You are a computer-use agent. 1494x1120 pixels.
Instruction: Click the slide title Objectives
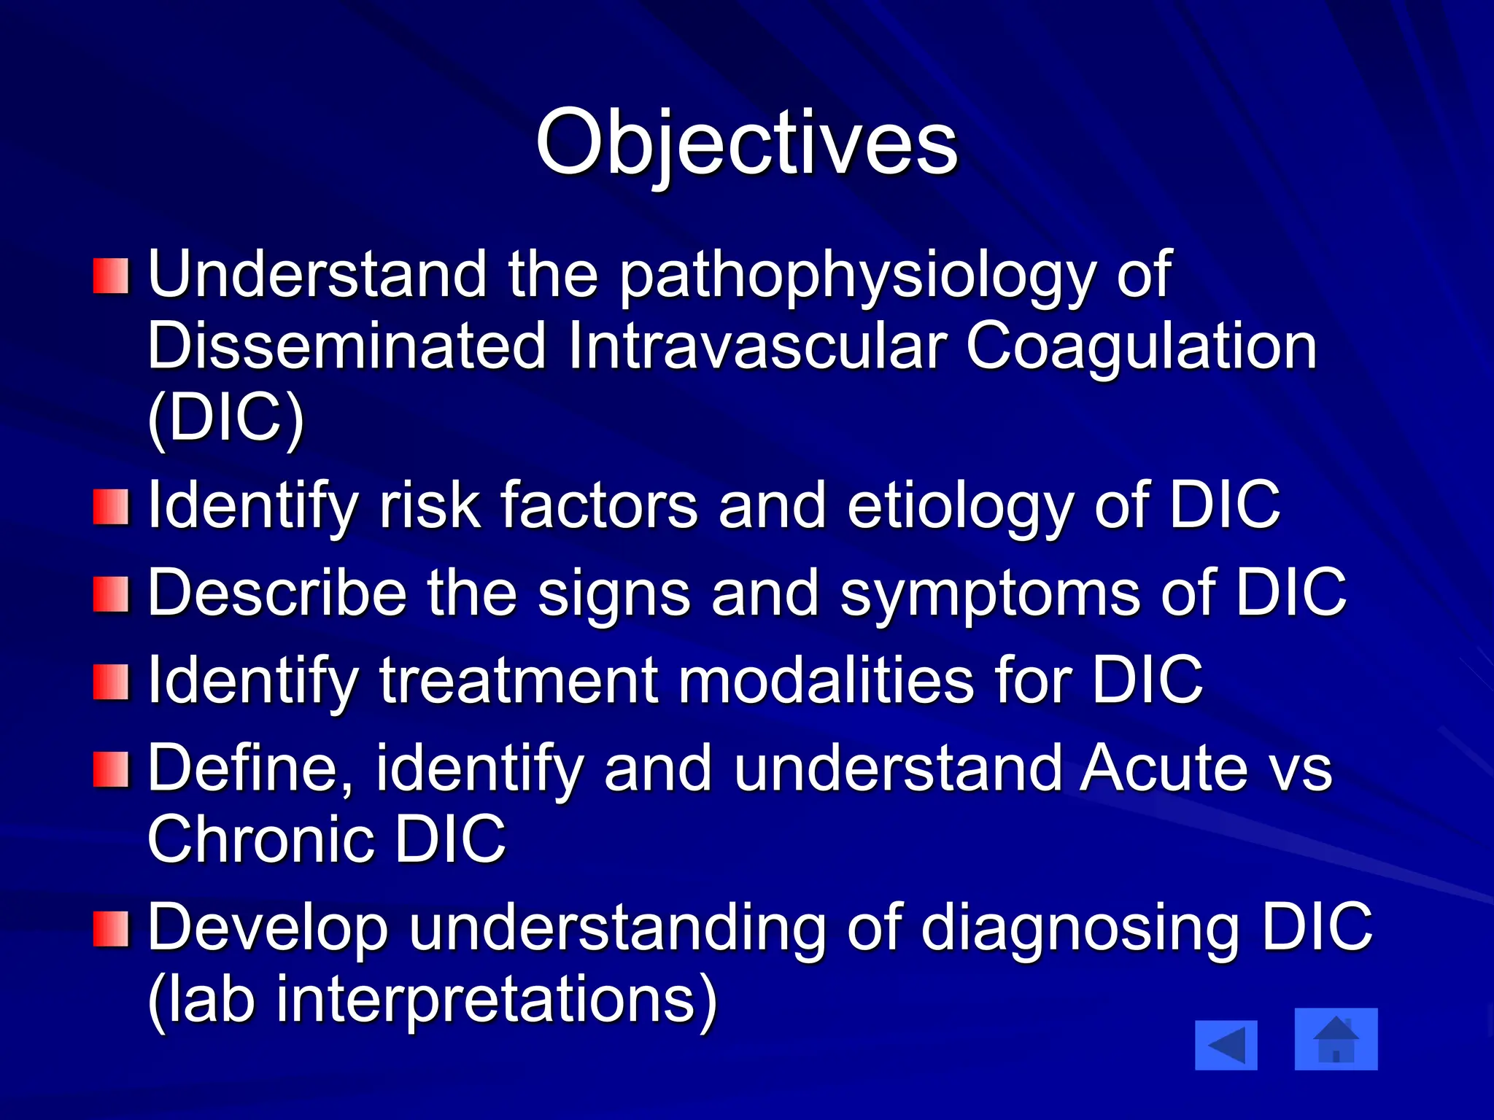point(746,142)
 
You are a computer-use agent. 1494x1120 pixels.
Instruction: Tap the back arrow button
point(1226,1045)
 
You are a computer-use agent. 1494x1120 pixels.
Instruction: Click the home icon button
point(1336,1039)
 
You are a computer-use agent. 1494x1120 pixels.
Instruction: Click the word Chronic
point(261,839)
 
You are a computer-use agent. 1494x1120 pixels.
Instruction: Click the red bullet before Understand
point(111,276)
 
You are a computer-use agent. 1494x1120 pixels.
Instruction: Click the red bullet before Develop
point(111,928)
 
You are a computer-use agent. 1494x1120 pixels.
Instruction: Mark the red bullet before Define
point(111,770)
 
